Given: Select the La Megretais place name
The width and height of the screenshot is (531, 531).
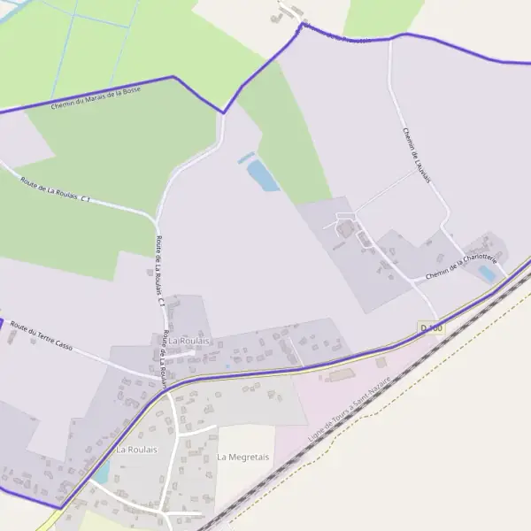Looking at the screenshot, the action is click(242, 458).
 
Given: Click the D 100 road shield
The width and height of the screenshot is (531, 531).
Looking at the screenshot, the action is click(431, 328).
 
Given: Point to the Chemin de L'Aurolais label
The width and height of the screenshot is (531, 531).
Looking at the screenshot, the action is click(416, 156).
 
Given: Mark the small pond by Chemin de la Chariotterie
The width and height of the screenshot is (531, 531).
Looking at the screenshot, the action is click(487, 273).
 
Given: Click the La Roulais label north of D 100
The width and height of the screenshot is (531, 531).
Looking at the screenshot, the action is click(189, 341).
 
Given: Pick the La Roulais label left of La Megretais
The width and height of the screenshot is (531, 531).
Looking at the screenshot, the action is click(136, 450).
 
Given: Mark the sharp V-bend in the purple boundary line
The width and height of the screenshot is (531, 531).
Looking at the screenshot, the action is click(223, 112).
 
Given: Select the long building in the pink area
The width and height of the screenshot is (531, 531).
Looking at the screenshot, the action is click(342, 376).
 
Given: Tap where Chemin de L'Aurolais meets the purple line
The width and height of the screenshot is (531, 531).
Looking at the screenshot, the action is click(389, 38).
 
